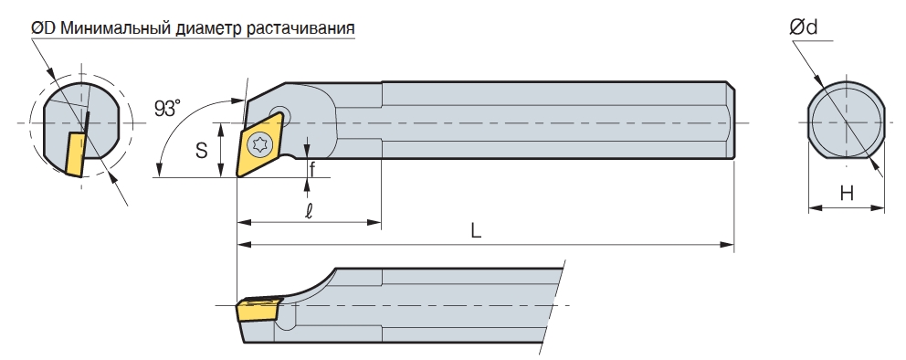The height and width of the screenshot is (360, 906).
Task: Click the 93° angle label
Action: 167,108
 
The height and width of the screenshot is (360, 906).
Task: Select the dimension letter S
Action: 201,151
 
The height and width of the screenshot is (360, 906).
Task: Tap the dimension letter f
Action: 312,170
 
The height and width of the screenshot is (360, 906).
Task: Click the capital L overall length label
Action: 476,231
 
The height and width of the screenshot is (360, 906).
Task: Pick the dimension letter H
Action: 847,194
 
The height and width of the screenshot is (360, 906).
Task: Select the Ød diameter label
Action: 804,26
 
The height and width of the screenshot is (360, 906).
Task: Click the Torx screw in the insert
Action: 258,144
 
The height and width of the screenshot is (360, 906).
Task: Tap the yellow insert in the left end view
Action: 76,154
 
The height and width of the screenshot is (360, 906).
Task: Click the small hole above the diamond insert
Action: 281,112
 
